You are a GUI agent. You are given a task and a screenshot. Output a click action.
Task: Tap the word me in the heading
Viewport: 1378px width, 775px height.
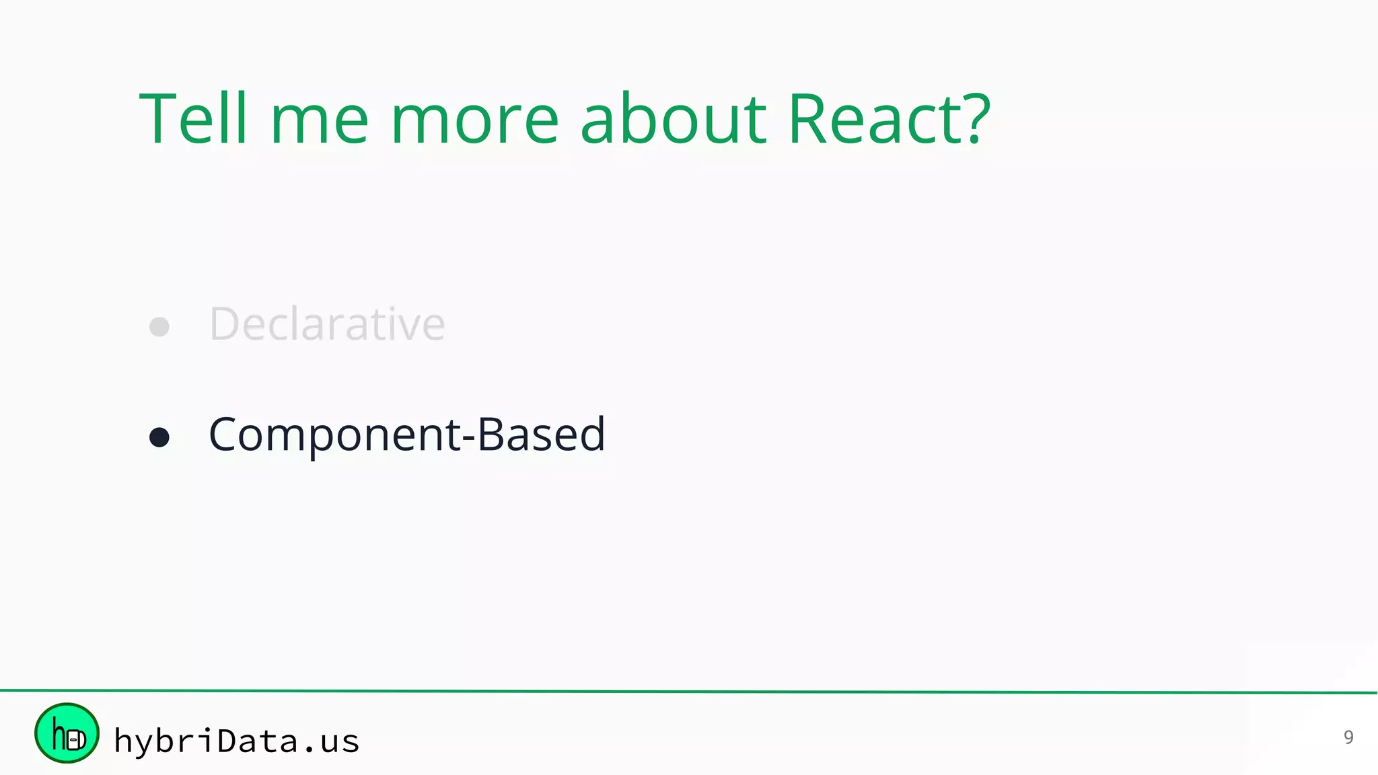pyautogui.click(x=319, y=121)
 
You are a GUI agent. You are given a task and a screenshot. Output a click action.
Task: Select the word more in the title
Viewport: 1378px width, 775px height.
pyautogui.click(x=474, y=121)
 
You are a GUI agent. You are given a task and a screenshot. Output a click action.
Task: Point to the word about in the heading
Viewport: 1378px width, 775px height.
pyautogui.click(x=673, y=120)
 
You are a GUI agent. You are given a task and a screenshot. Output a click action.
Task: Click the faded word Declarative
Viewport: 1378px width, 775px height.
pyautogui.click(x=327, y=324)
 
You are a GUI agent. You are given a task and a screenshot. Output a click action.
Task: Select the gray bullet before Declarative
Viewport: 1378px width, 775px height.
pyautogui.click(x=159, y=327)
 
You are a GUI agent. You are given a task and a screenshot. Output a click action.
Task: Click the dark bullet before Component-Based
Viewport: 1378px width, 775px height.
pyautogui.click(x=159, y=437)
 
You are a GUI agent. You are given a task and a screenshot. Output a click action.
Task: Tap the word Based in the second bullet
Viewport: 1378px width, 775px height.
pyautogui.click(x=542, y=434)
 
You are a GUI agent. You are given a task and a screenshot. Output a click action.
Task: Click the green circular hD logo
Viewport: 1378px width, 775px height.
pyautogui.click(x=67, y=733)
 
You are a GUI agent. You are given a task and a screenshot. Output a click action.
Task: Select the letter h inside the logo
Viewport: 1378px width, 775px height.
pyautogui.click(x=59, y=735)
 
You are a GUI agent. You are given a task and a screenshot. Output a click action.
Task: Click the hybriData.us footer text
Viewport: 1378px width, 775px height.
pyautogui.click(x=236, y=741)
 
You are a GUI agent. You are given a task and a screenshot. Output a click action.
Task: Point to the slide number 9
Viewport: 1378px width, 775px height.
pyautogui.click(x=1348, y=737)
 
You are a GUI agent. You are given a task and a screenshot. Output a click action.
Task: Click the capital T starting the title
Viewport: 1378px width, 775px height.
pyautogui.click(x=158, y=120)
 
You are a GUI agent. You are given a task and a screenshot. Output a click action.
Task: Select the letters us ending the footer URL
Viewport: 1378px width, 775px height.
pyautogui.click(x=340, y=742)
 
